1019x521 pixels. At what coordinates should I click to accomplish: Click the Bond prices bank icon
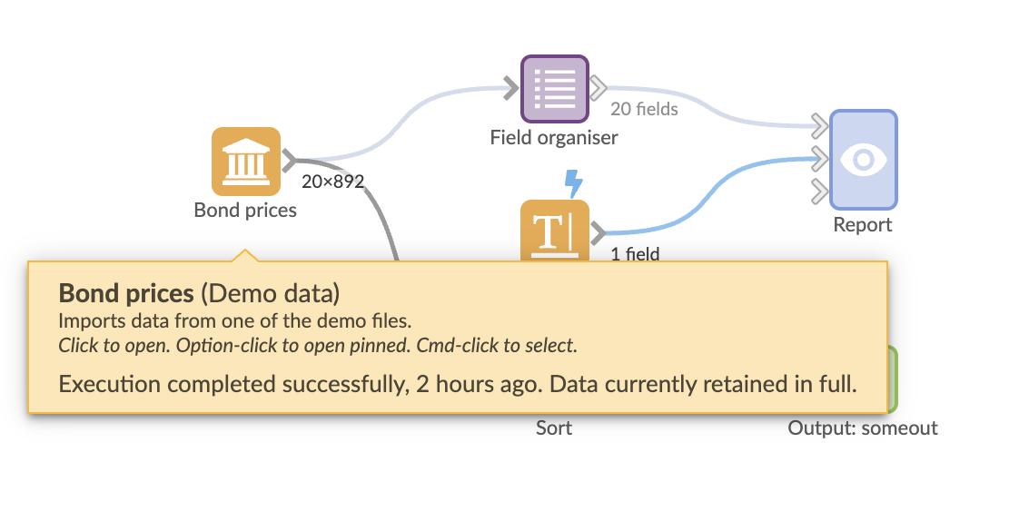tap(245, 161)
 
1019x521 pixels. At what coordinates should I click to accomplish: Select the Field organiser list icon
tap(554, 89)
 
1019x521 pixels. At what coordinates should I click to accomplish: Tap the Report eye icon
tap(864, 159)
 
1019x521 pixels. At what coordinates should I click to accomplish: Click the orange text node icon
tap(554, 231)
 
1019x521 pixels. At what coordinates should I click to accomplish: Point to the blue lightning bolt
tap(574, 183)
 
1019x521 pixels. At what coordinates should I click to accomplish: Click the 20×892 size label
tap(332, 182)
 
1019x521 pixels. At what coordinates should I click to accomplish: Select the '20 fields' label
tap(644, 109)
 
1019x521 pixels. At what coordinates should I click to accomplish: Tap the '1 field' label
tap(635, 254)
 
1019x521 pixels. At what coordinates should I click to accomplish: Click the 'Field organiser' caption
tap(554, 138)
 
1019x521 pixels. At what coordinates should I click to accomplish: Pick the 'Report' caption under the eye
tap(863, 224)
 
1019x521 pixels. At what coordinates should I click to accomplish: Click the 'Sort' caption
tap(554, 428)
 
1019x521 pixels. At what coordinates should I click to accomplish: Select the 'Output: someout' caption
tap(863, 428)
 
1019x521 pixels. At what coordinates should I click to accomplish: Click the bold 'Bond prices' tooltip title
tap(126, 293)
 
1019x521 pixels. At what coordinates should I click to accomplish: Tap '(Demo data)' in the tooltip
tap(270, 293)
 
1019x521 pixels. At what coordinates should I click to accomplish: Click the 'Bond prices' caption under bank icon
tap(245, 211)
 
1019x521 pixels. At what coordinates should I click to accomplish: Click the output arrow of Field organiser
tap(599, 88)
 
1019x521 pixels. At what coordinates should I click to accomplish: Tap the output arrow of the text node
tap(598, 234)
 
